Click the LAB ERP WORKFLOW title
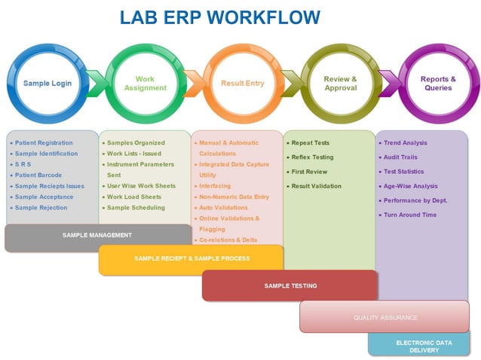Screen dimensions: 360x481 [219, 17]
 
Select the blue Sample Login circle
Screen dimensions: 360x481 [47, 83]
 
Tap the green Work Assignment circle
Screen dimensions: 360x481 [145, 83]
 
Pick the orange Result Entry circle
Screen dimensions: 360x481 [242, 83]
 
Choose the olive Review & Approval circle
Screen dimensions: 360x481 [340, 83]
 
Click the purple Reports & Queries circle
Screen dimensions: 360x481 [437, 83]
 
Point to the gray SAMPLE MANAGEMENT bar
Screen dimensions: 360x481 [97, 236]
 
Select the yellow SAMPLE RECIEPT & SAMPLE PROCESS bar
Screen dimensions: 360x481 [191, 258]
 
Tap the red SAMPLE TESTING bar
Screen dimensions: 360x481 [290, 285]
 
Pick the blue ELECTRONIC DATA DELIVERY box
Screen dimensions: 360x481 [424, 346]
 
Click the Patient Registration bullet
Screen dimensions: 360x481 [44, 143]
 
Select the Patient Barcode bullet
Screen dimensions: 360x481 [38, 175]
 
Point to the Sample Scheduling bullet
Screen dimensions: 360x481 [136, 208]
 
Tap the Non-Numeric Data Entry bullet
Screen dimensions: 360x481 [234, 197]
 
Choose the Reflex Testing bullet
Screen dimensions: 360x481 [312, 157]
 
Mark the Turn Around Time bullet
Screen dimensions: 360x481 [409, 215]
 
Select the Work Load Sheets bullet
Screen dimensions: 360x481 [134, 197]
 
